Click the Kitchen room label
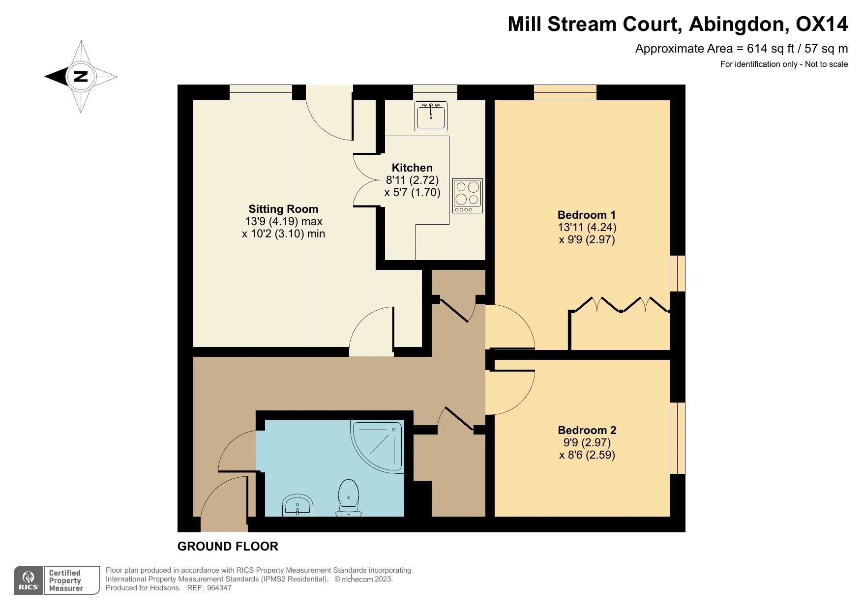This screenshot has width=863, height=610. tap(412, 168)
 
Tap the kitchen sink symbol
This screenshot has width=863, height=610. tap(431, 116)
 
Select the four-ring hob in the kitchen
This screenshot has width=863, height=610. tap(467, 196)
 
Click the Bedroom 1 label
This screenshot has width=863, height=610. tap(586, 215)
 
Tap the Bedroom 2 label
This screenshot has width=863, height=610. tap(587, 430)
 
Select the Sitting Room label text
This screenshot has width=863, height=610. tap(283, 208)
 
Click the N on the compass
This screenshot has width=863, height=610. tap(80, 77)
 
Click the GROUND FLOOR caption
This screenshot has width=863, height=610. tap(228, 546)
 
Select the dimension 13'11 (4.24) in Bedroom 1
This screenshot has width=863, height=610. tap(586, 227)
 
